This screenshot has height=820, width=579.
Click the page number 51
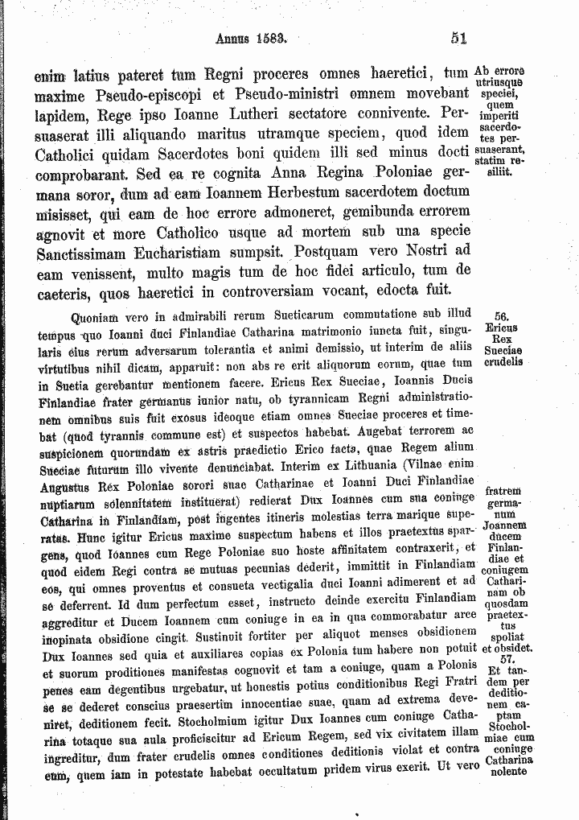[459, 36]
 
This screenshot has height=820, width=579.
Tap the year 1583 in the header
[271, 37]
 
